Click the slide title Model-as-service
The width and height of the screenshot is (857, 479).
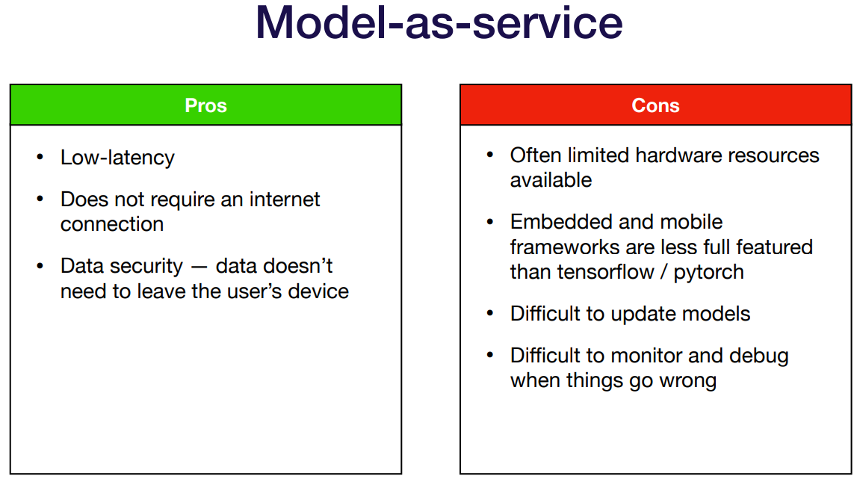[x=439, y=23]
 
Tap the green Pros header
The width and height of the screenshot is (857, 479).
[x=205, y=105]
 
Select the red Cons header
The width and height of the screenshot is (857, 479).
[x=655, y=105]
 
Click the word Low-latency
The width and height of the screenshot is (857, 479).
[x=117, y=158]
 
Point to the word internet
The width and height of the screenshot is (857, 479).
[x=284, y=200]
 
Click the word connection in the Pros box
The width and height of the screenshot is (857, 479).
[x=112, y=224]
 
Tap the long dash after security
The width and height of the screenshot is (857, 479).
[x=199, y=268]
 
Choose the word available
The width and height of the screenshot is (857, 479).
[x=551, y=180]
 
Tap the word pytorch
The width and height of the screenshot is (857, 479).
[x=708, y=272]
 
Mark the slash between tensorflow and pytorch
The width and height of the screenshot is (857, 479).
[x=664, y=272]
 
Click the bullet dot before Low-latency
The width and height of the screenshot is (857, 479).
[x=40, y=157]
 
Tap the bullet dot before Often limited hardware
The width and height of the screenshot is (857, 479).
[x=489, y=155]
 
